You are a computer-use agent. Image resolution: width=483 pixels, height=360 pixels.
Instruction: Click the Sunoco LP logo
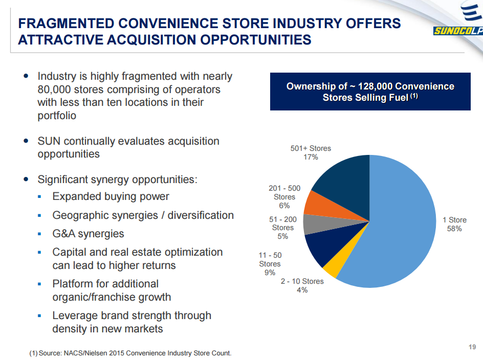click(x=457, y=23)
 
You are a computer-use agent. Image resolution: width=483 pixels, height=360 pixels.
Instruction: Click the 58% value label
click(x=454, y=229)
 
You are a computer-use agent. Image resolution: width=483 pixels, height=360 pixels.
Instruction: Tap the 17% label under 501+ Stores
click(x=311, y=157)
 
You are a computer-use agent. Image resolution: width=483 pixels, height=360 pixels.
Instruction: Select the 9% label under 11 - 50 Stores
click(x=270, y=273)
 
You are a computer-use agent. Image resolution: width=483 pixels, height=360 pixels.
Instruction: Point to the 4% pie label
click(x=302, y=290)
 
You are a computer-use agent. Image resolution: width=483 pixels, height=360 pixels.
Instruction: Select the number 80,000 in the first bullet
click(x=57, y=89)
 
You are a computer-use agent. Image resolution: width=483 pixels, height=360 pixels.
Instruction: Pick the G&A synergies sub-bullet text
click(x=88, y=234)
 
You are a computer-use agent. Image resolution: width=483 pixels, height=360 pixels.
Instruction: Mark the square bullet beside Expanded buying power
click(x=39, y=197)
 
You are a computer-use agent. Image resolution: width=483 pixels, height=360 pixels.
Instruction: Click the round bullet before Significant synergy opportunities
click(x=27, y=179)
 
